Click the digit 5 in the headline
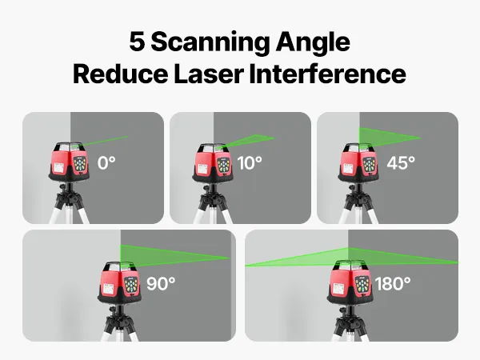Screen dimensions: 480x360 (x=137, y=41)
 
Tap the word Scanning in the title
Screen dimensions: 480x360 (x=210, y=43)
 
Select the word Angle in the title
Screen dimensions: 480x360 (x=313, y=43)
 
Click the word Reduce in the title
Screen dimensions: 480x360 (x=120, y=74)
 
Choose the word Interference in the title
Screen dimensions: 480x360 (x=328, y=74)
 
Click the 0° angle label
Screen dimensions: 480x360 (x=106, y=162)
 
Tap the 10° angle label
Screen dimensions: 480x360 (x=250, y=162)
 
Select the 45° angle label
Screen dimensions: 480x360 (x=401, y=162)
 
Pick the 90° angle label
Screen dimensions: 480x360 (x=161, y=283)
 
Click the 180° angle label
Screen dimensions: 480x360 (x=393, y=283)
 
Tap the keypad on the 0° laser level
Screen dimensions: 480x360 (x=80, y=164)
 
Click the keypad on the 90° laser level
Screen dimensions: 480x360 (x=132, y=286)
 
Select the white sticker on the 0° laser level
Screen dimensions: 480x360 (x=58, y=168)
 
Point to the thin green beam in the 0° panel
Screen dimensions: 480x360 (x=105, y=141)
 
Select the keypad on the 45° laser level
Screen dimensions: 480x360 (x=369, y=164)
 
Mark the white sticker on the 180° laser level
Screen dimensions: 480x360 (x=338, y=288)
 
